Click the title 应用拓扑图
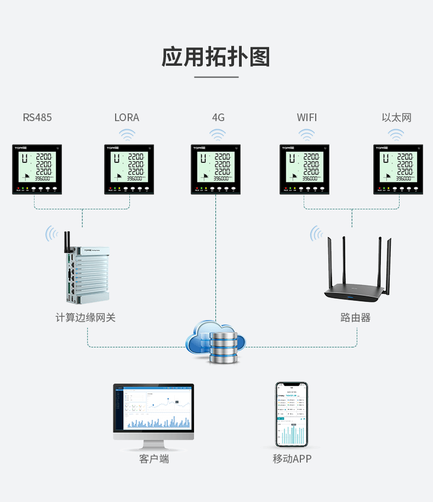[216, 57]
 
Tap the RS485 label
[37, 117]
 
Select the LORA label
[127, 117]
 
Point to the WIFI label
[306, 117]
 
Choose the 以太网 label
[396, 117]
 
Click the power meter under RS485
[37, 169]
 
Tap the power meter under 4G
[216, 169]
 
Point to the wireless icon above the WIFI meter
[306, 134]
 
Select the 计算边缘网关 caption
[86, 317]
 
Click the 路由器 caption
[355, 317]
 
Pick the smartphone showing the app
[291, 415]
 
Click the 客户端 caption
[154, 459]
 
